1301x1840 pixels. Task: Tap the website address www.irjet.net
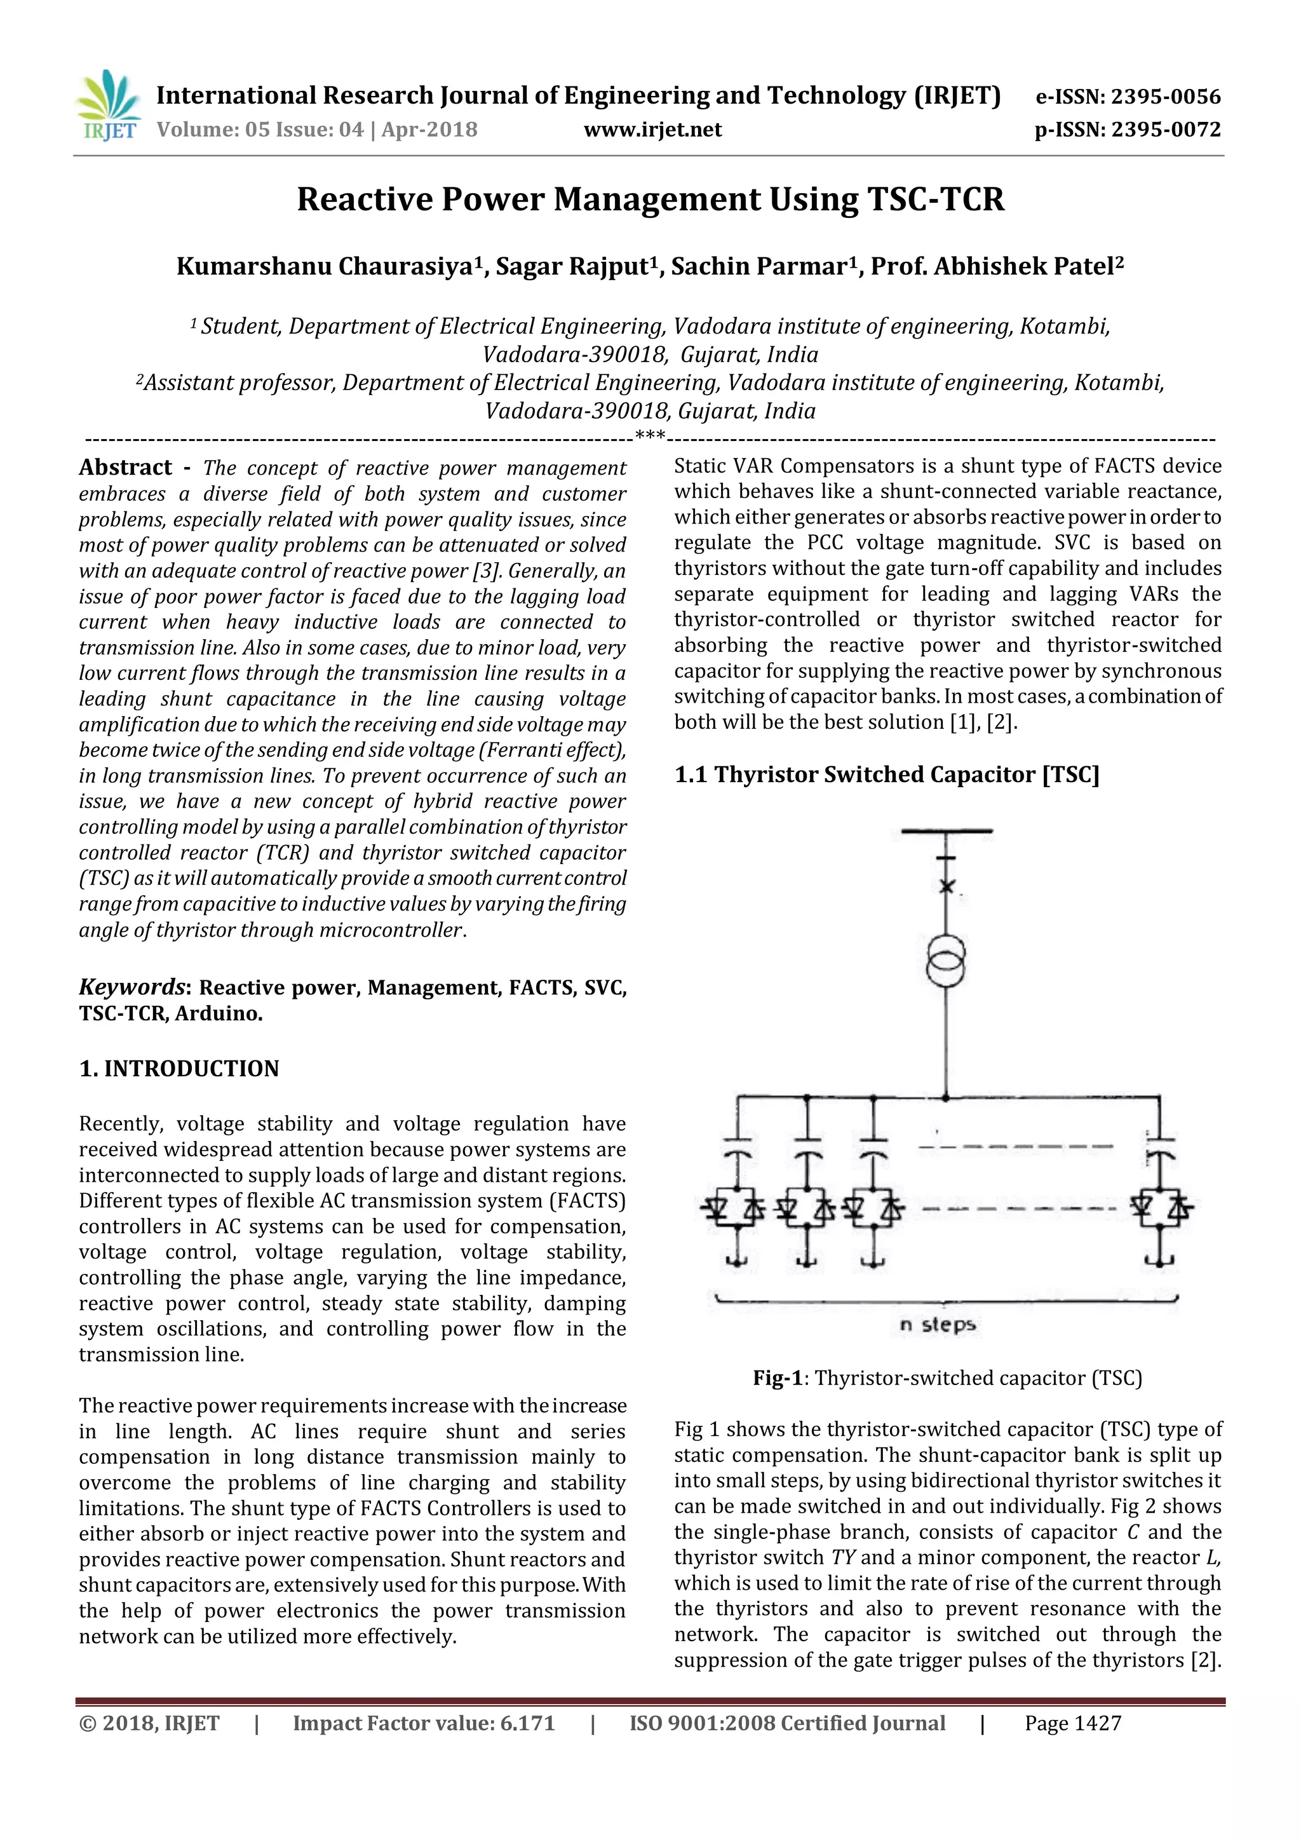click(652, 130)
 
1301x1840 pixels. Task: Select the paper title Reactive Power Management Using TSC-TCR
click(650, 199)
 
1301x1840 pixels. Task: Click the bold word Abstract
click(125, 467)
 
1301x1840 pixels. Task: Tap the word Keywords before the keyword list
click(131, 987)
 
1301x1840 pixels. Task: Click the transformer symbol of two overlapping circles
click(945, 960)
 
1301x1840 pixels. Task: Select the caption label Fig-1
click(777, 1377)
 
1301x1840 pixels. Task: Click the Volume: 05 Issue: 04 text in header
click(261, 130)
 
